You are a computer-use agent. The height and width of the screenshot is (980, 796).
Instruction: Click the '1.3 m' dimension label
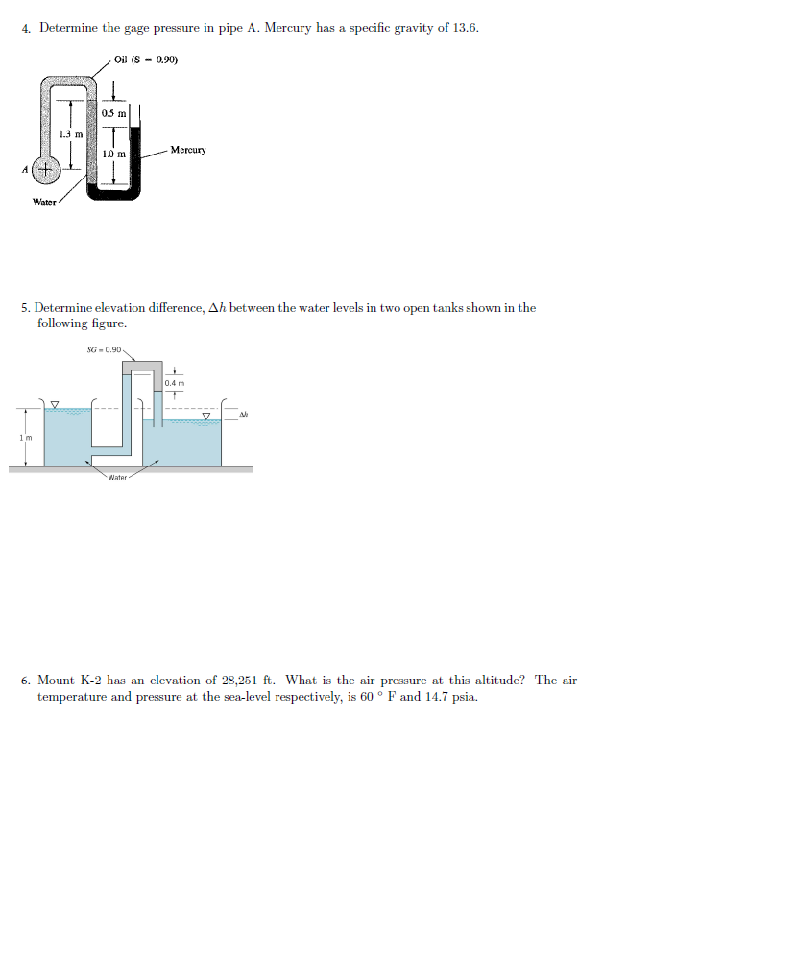click(x=70, y=133)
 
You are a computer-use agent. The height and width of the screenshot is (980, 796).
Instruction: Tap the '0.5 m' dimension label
click(x=113, y=114)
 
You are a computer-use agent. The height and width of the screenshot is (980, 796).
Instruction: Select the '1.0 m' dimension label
click(x=113, y=154)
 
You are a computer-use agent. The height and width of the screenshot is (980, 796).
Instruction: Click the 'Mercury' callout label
click(x=188, y=150)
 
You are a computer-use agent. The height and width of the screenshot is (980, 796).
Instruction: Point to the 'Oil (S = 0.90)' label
click(x=146, y=60)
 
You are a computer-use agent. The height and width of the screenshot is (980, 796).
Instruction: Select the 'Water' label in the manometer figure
click(x=44, y=202)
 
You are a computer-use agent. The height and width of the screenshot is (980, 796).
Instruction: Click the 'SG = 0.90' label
click(x=105, y=350)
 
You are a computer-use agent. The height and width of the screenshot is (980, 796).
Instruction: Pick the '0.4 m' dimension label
click(x=174, y=383)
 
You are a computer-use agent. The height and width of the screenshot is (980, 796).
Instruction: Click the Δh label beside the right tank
click(x=244, y=415)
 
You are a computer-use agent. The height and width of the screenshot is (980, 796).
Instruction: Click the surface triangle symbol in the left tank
click(x=55, y=404)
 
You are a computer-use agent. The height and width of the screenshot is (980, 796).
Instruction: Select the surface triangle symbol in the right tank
click(x=205, y=416)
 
